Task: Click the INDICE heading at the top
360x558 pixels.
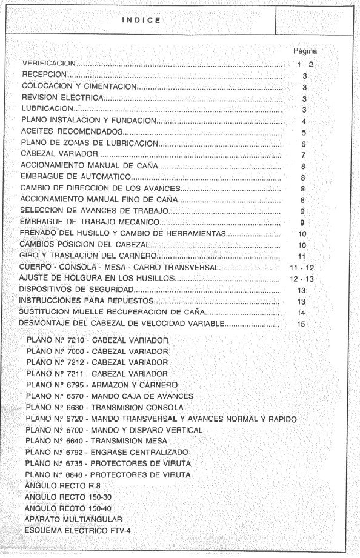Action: coord(141,19)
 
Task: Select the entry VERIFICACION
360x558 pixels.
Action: coord(48,63)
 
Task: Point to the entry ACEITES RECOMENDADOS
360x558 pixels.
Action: coord(73,132)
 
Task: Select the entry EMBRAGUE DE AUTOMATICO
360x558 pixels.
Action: coord(76,177)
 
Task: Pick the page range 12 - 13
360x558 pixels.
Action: coord(301,279)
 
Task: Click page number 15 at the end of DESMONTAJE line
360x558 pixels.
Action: coord(301,324)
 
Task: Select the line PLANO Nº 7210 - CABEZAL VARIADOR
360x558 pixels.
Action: coord(98,339)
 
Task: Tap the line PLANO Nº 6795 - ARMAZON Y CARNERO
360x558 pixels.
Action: coord(102,385)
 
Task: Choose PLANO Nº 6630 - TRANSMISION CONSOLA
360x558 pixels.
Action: coord(105,407)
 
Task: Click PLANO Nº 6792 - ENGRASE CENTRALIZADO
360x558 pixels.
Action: coord(107,452)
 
